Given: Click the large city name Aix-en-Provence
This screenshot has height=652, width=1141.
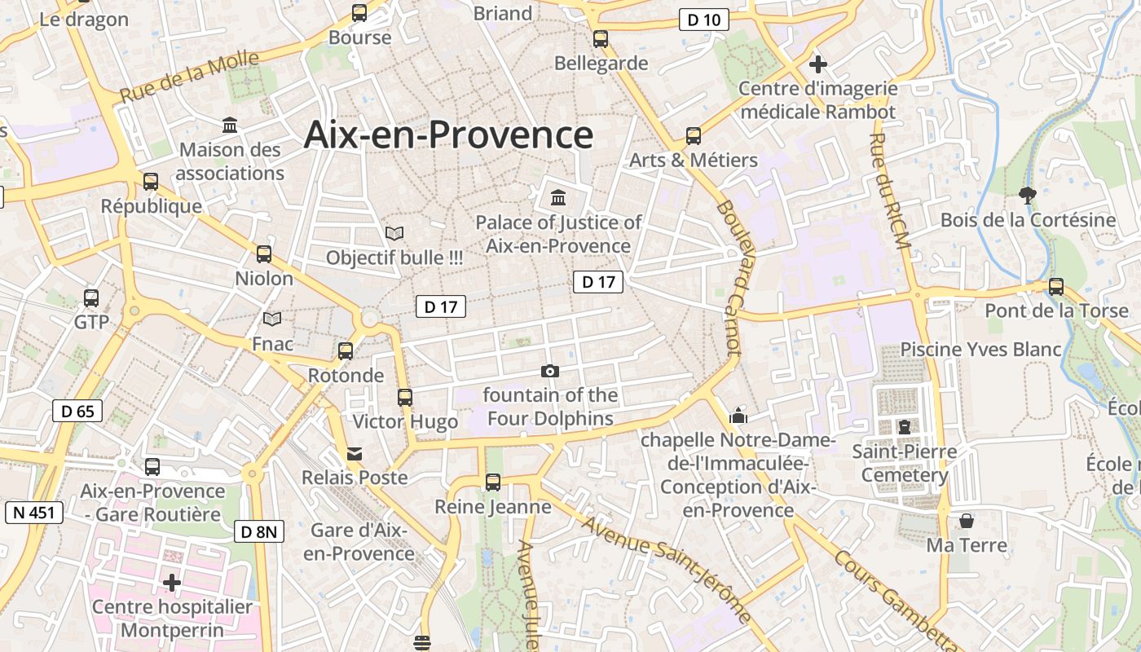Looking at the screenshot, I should [x=448, y=134].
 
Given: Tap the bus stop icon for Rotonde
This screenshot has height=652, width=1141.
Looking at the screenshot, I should [x=346, y=351].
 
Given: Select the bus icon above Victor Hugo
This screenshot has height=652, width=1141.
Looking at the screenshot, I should [x=405, y=398].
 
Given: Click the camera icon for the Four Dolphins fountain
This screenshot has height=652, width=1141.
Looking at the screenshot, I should [x=550, y=372].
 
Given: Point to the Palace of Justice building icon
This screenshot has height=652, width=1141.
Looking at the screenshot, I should [x=558, y=197].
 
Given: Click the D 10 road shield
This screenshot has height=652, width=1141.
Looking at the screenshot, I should [x=703, y=20].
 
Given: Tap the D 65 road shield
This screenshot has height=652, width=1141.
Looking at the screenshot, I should [x=77, y=411].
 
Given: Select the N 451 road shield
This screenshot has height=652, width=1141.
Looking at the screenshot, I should [x=33, y=513].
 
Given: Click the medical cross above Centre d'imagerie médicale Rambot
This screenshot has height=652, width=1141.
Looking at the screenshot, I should [x=818, y=64].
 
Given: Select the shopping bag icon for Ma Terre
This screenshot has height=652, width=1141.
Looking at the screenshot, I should [x=967, y=520].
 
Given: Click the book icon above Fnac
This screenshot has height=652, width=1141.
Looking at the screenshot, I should [x=272, y=319].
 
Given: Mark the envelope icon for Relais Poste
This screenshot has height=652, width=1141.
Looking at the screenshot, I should [x=355, y=453].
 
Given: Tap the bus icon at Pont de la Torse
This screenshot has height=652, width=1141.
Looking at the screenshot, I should [x=1056, y=286].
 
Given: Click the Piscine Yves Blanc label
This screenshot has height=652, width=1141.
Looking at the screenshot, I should [x=981, y=350].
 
